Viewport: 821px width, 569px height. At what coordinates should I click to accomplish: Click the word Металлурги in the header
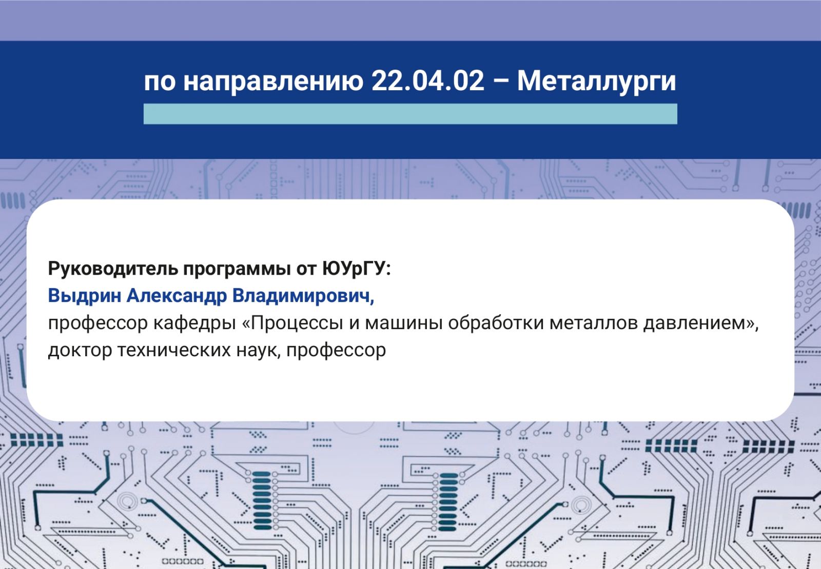click(x=596, y=82)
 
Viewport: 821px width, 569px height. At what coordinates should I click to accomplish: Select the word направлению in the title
click(x=273, y=82)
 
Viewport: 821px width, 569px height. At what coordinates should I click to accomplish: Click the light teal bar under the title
click(x=410, y=114)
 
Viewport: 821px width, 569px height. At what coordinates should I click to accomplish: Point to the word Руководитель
click(x=113, y=269)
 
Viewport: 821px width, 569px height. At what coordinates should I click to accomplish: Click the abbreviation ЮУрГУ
click(x=357, y=269)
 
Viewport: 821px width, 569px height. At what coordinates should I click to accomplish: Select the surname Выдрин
click(x=84, y=296)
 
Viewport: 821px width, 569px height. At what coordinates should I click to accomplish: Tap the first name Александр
click(x=177, y=296)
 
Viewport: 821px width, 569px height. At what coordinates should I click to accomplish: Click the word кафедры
click(x=194, y=323)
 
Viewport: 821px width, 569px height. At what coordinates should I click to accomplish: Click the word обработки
click(x=496, y=323)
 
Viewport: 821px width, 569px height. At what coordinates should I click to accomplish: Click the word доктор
click(x=80, y=351)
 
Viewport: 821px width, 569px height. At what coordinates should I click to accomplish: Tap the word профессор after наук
click(x=336, y=351)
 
